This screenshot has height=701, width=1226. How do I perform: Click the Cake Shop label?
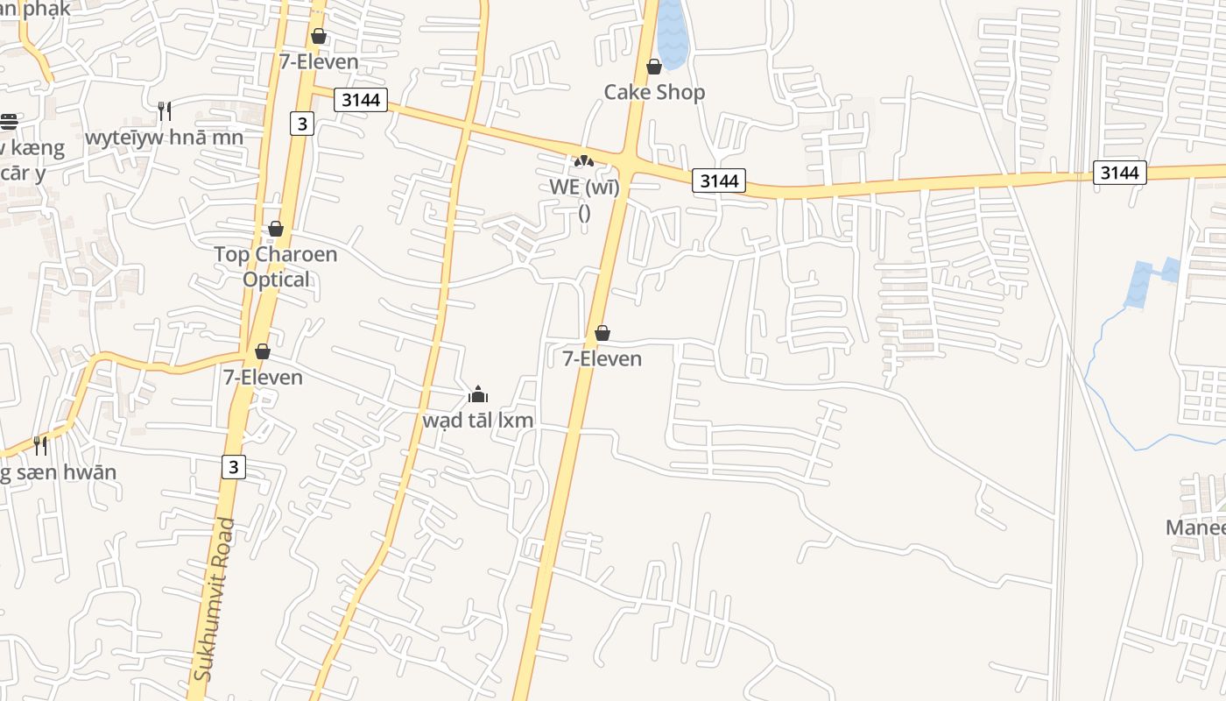point(654,92)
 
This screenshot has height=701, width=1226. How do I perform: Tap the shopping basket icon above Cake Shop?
point(654,67)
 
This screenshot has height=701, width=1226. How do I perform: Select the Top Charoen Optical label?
point(276,266)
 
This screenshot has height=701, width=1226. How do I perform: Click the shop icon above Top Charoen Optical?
point(276,229)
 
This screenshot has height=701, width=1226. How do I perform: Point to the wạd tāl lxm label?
point(478,420)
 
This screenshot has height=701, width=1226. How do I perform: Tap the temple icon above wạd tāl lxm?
point(478,394)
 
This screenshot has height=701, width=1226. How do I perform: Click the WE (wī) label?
point(584,187)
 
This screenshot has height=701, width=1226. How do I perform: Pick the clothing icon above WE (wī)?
point(583,160)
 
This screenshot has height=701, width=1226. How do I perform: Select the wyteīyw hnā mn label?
point(164,137)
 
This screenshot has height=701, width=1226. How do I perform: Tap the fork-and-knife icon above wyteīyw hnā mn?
point(164,110)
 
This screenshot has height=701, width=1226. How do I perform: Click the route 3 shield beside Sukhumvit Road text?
point(233,467)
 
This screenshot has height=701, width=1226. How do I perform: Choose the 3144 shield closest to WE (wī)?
point(720,181)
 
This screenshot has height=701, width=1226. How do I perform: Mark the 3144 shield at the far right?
point(1120,173)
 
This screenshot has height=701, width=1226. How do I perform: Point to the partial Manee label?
point(1196,528)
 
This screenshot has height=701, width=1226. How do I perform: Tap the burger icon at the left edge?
point(9,121)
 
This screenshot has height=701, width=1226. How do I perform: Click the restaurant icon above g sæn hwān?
point(40,445)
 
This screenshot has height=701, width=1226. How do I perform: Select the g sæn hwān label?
point(58,472)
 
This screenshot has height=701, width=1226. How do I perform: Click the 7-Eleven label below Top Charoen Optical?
point(263,378)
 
